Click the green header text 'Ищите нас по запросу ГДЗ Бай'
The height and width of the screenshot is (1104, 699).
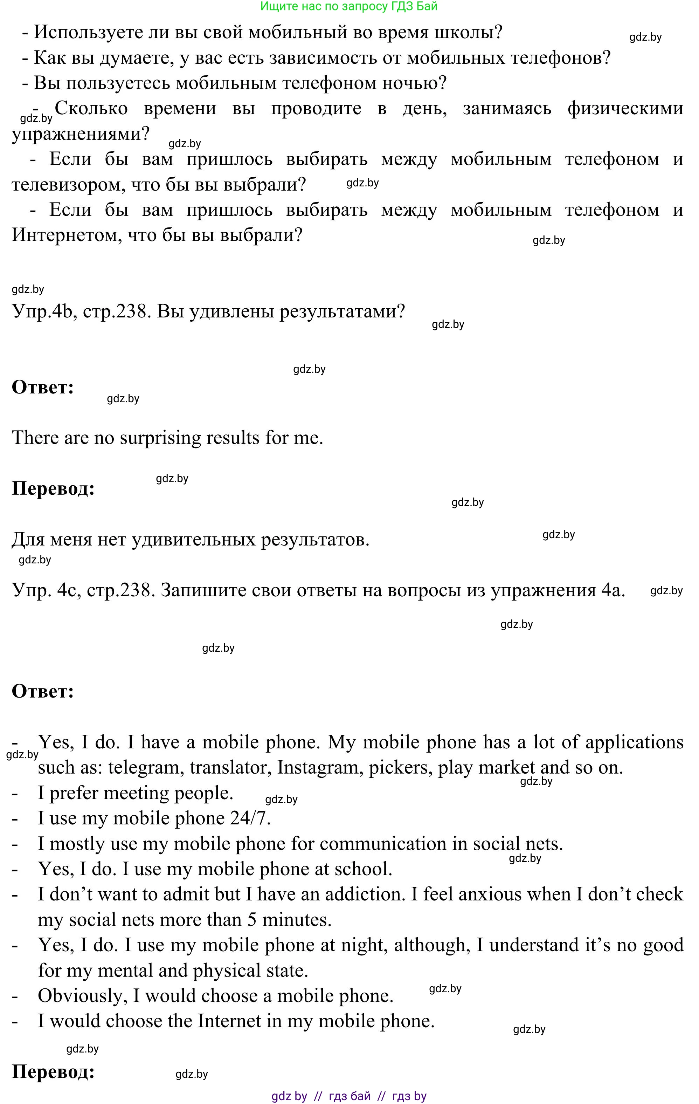[x=349, y=6]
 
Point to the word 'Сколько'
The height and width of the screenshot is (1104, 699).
[x=91, y=109]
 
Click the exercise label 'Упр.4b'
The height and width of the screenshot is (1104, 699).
[x=42, y=312]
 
